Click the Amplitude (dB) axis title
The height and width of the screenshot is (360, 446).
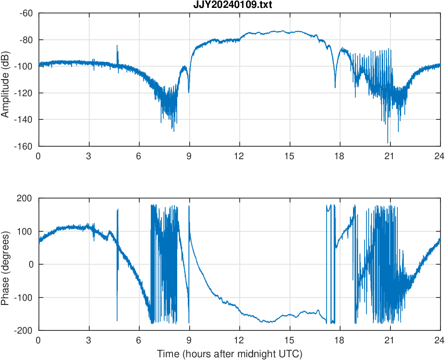(x=6, y=80)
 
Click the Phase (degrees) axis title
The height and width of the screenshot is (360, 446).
(x=6, y=264)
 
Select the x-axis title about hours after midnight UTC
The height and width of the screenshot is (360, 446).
(x=229, y=354)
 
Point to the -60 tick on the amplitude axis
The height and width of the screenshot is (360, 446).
(x=26, y=13)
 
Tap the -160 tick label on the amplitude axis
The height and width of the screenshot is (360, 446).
(x=24, y=146)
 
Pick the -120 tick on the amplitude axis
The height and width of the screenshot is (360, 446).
(x=24, y=93)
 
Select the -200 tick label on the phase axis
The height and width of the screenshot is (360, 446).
(x=25, y=330)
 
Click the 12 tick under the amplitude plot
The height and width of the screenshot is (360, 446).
(x=239, y=156)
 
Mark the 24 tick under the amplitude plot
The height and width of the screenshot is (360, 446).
(x=440, y=156)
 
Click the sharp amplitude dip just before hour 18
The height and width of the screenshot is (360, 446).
(x=335, y=87)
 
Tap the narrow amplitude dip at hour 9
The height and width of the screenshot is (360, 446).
(x=189, y=92)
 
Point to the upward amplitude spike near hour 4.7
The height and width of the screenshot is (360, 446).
(x=117, y=46)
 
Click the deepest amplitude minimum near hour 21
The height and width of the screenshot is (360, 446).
(x=388, y=142)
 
